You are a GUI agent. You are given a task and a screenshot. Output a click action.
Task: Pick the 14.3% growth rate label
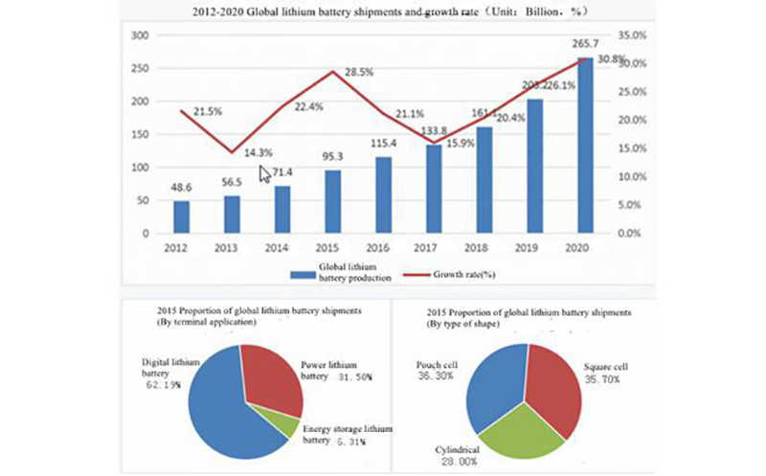(x=257, y=151)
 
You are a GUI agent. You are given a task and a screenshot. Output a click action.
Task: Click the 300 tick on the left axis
(x=140, y=35)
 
